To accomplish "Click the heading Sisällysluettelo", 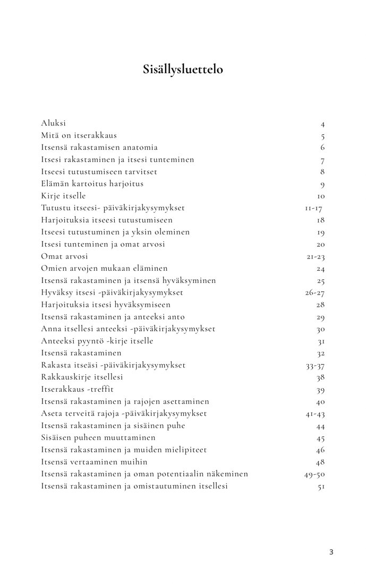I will pyautogui.click(x=183, y=69).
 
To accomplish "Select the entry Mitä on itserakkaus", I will pyautogui.click(x=79, y=135).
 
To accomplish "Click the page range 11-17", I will pyautogui.click(x=314, y=208).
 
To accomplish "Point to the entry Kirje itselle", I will pyautogui.click(x=63, y=196).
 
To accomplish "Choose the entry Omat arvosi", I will pyautogui.click(x=64, y=256).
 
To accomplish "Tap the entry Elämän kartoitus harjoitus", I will pyautogui.click(x=92, y=184).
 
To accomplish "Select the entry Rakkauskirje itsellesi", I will pyautogui.click(x=82, y=377).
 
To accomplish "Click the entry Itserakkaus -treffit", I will pyautogui.click(x=78, y=389).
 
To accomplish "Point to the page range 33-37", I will pyautogui.click(x=315, y=365).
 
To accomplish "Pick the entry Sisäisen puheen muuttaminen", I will pyautogui.click(x=98, y=437).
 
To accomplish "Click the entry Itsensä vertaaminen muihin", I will pyautogui.click(x=94, y=462).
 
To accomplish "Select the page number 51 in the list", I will pyautogui.click(x=321, y=486).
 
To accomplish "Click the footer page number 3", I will pyautogui.click(x=331, y=552).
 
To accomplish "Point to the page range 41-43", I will pyautogui.click(x=315, y=414).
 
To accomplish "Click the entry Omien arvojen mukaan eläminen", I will pyautogui.click(x=104, y=268).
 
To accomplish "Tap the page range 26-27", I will pyautogui.click(x=314, y=293).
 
